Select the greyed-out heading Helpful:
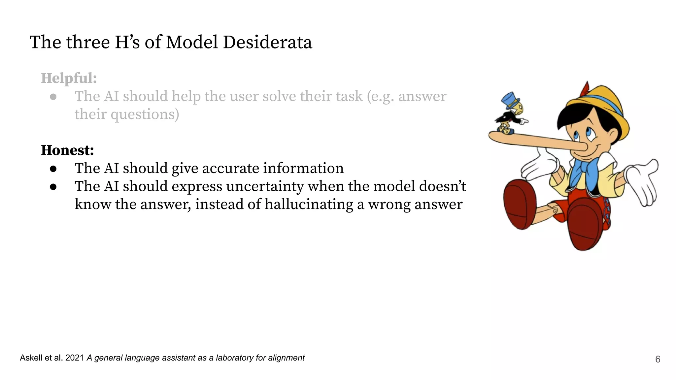click(x=69, y=79)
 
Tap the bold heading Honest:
click(x=67, y=150)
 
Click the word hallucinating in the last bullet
click(x=309, y=204)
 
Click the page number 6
click(x=658, y=359)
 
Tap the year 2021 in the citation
click(x=75, y=358)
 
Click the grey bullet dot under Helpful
click(x=53, y=97)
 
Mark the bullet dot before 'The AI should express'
click(x=53, y=187)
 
